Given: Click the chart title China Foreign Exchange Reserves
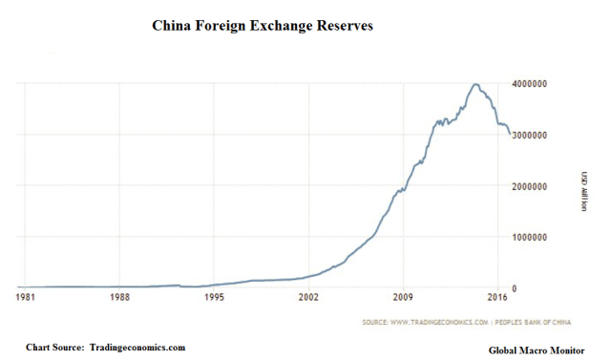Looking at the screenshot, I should click(x=263, y=26).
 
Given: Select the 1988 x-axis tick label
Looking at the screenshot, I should click(x=118, y=298).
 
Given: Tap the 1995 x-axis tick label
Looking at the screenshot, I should click(x=214, y=298).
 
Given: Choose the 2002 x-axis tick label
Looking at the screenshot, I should click(x=307, y=298).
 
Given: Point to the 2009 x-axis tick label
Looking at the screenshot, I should click(x=402, y=298).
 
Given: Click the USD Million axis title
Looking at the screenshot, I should click(x=582, y=186).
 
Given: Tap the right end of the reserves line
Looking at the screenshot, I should click(x=510, y=133).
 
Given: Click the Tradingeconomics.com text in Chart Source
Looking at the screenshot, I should click(x=137, y=346).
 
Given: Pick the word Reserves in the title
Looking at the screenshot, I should click(x=338, y=26).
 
